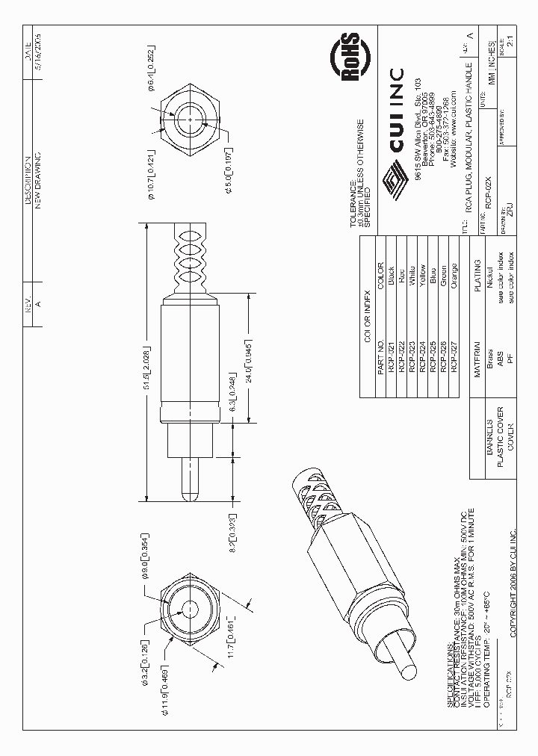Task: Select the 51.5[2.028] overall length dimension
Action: click(148, 366)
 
